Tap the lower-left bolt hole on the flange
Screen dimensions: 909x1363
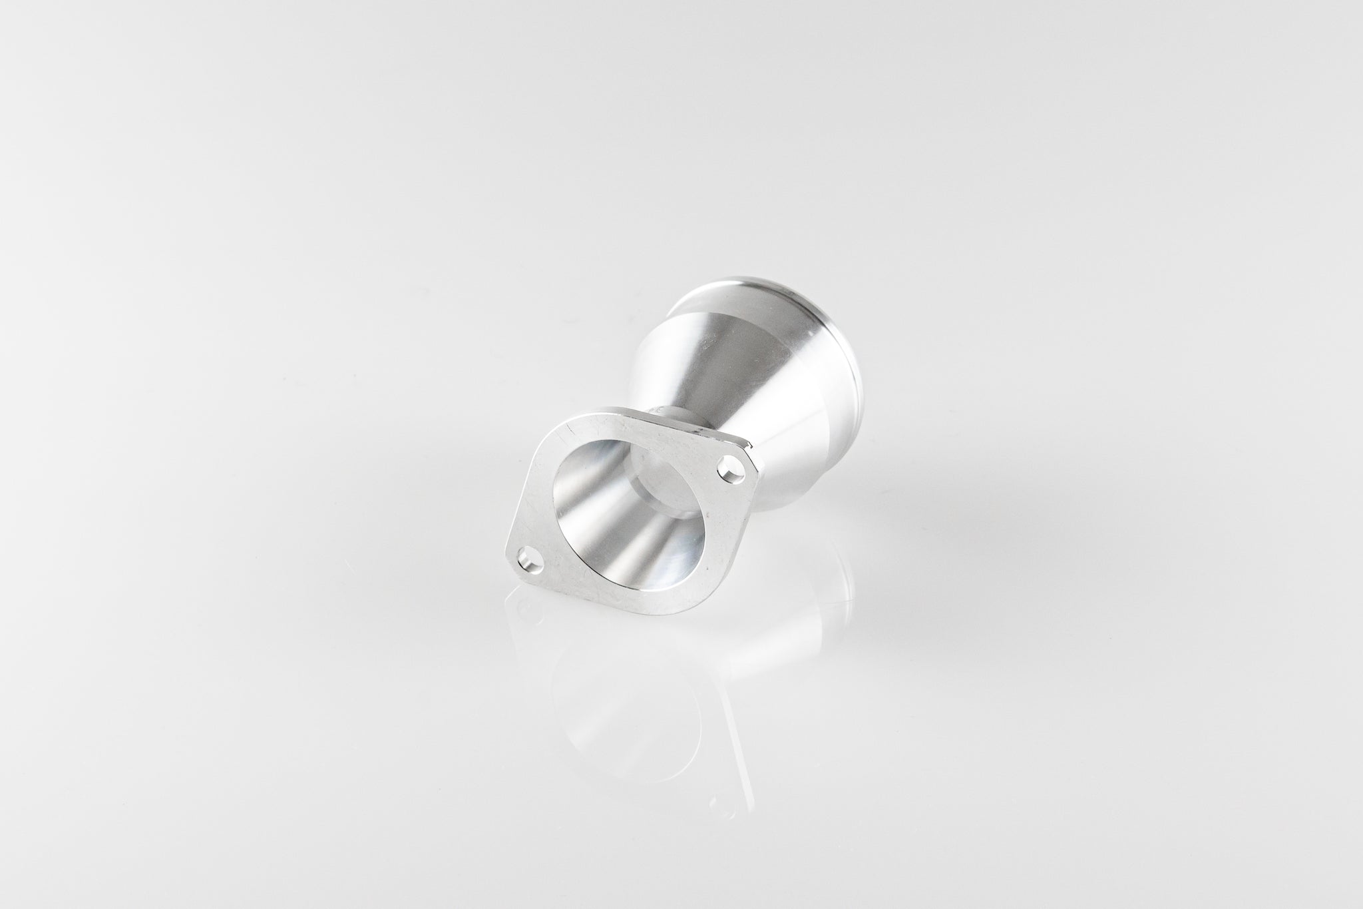coord(529,554)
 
